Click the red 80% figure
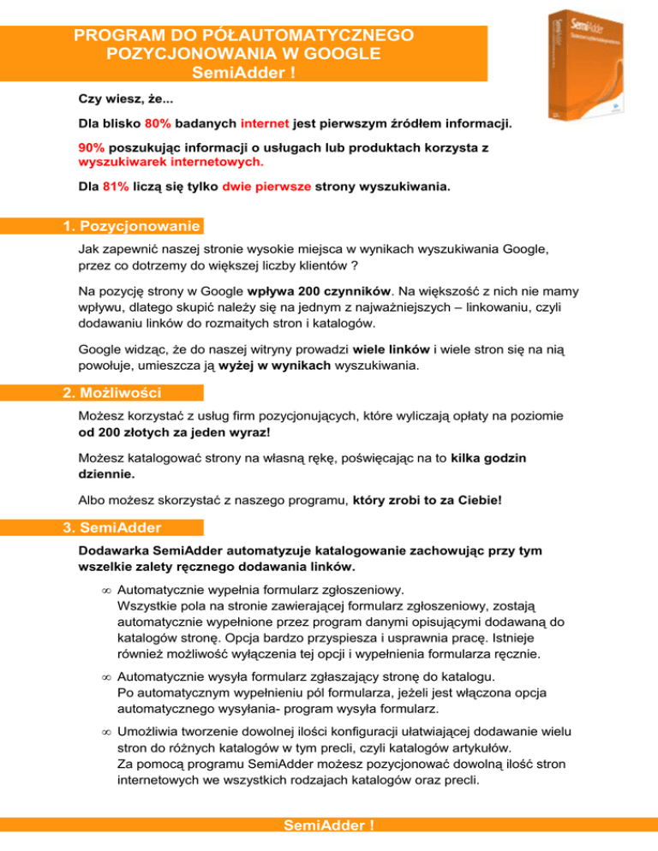pos(159,123)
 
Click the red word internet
pos(265,123)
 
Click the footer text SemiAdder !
pos(329,842)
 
